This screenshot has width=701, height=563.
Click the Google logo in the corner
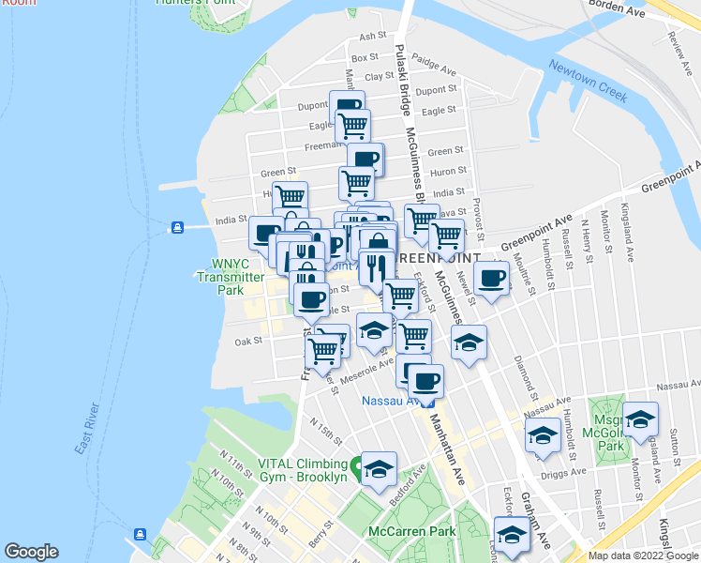coord(32,552)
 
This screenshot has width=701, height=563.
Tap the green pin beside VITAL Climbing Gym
coord(356,464)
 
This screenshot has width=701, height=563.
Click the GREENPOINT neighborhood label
coord(439,257)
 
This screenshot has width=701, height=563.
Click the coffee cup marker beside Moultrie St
coord(490,278)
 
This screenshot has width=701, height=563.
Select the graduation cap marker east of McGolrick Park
coord(641,418)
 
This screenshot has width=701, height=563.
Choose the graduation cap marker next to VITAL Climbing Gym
coord(379,468)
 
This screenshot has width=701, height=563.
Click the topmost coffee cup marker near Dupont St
coord(347,106)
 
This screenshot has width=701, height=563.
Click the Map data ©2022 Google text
coord(642,555)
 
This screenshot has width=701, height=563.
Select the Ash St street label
coord(373,37)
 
